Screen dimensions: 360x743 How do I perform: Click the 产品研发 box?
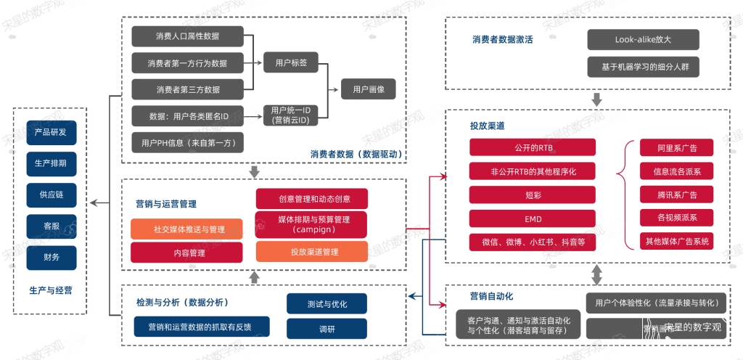(x=50, y=133)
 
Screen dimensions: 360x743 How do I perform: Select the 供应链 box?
(x=50, y=195)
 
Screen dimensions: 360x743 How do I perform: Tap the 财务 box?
(x=50, y=256)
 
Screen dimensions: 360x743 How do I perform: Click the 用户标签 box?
(x=291, y=63)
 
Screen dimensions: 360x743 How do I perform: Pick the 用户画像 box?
(x=369, y=89)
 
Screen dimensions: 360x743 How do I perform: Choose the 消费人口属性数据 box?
(x=188, y=36)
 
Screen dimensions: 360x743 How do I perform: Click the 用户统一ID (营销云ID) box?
(x=290, y=115)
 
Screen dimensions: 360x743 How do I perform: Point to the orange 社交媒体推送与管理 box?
(x=186, y=229)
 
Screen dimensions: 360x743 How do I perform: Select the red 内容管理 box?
(x=186, y=253)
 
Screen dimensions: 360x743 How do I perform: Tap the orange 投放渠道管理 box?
(x=311, y=252)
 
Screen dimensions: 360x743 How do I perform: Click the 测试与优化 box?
(x=316, y=304)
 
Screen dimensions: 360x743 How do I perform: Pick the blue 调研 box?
(x=316, y=329)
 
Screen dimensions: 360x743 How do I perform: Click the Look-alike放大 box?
(x=643, y=40)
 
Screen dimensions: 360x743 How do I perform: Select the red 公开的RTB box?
(x=532, y=147)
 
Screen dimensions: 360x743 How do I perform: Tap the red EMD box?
(x=532, y=218)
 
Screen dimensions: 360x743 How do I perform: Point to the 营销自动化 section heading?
(x=491, y=296)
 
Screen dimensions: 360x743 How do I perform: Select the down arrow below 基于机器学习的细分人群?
(x=596, y=98)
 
